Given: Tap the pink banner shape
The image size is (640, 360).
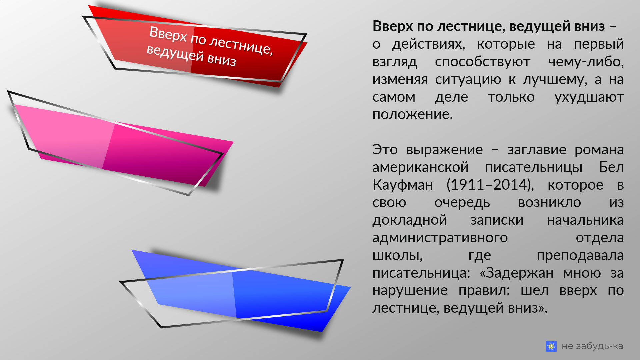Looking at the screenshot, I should coord(127,147).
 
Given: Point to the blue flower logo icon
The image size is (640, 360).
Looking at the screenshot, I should coord(551,346).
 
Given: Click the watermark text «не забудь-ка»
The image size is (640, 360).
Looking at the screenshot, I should coord(592,346).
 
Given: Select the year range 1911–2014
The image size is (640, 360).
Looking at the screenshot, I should coord(490,185).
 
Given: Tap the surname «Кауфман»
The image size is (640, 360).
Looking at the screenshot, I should coord(402,185).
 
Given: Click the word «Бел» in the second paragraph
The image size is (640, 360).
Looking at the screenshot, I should coord(611,167).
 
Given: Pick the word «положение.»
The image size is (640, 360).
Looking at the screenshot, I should coord(412,114).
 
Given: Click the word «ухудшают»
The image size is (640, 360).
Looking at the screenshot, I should coord(589,97).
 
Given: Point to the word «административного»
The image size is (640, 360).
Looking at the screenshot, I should coord(440,238).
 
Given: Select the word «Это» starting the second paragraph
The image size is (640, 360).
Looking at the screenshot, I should coord(385,149).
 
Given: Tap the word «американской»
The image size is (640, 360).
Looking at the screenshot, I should coord(420,167).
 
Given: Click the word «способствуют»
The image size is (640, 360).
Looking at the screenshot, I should coord(482,62).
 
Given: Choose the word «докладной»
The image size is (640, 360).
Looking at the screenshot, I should coord(409,220).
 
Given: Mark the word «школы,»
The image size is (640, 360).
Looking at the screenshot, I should coord(397,255).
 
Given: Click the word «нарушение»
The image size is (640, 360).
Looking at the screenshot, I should coord(410,290).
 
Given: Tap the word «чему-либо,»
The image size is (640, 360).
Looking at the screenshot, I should coord(586,62).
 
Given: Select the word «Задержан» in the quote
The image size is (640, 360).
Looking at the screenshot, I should coord(519,273).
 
